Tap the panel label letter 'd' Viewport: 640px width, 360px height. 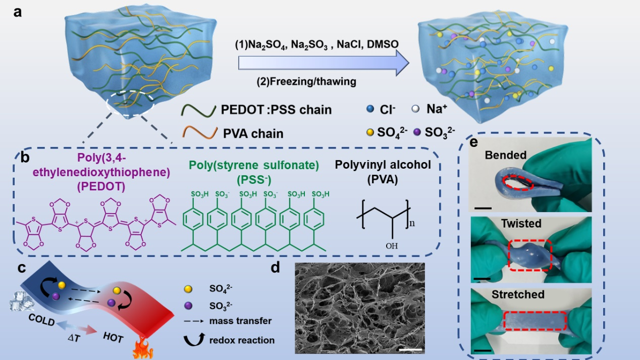pyautogui.click(x=276, y=268)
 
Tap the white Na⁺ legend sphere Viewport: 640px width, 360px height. pyautogui.click(x=415, y=109)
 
